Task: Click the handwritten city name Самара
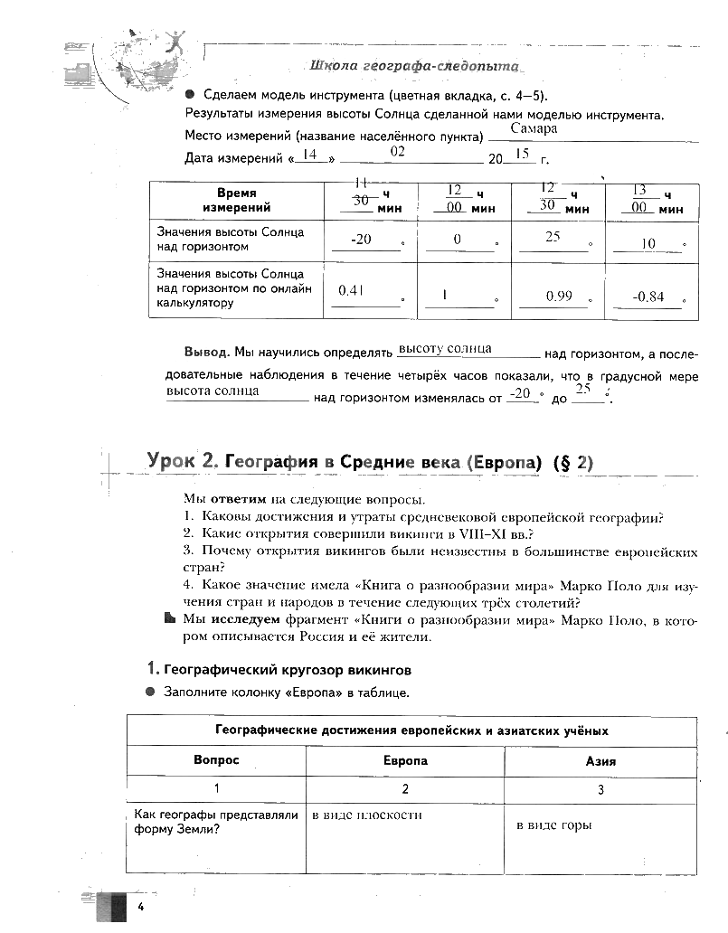tap(534, 128)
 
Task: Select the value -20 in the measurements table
tap(362, 240)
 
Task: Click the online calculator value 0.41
tap(350, 291)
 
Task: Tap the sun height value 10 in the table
tap(648, 244)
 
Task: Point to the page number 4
tap(141, 907)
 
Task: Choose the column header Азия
tap(600, 760)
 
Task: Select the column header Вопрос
tap(216, 760)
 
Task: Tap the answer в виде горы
tap(553, 825)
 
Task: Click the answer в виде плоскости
tap(367, 815)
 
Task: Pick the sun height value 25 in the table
tap(553, 237)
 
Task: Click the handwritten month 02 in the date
tap(397, 153)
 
